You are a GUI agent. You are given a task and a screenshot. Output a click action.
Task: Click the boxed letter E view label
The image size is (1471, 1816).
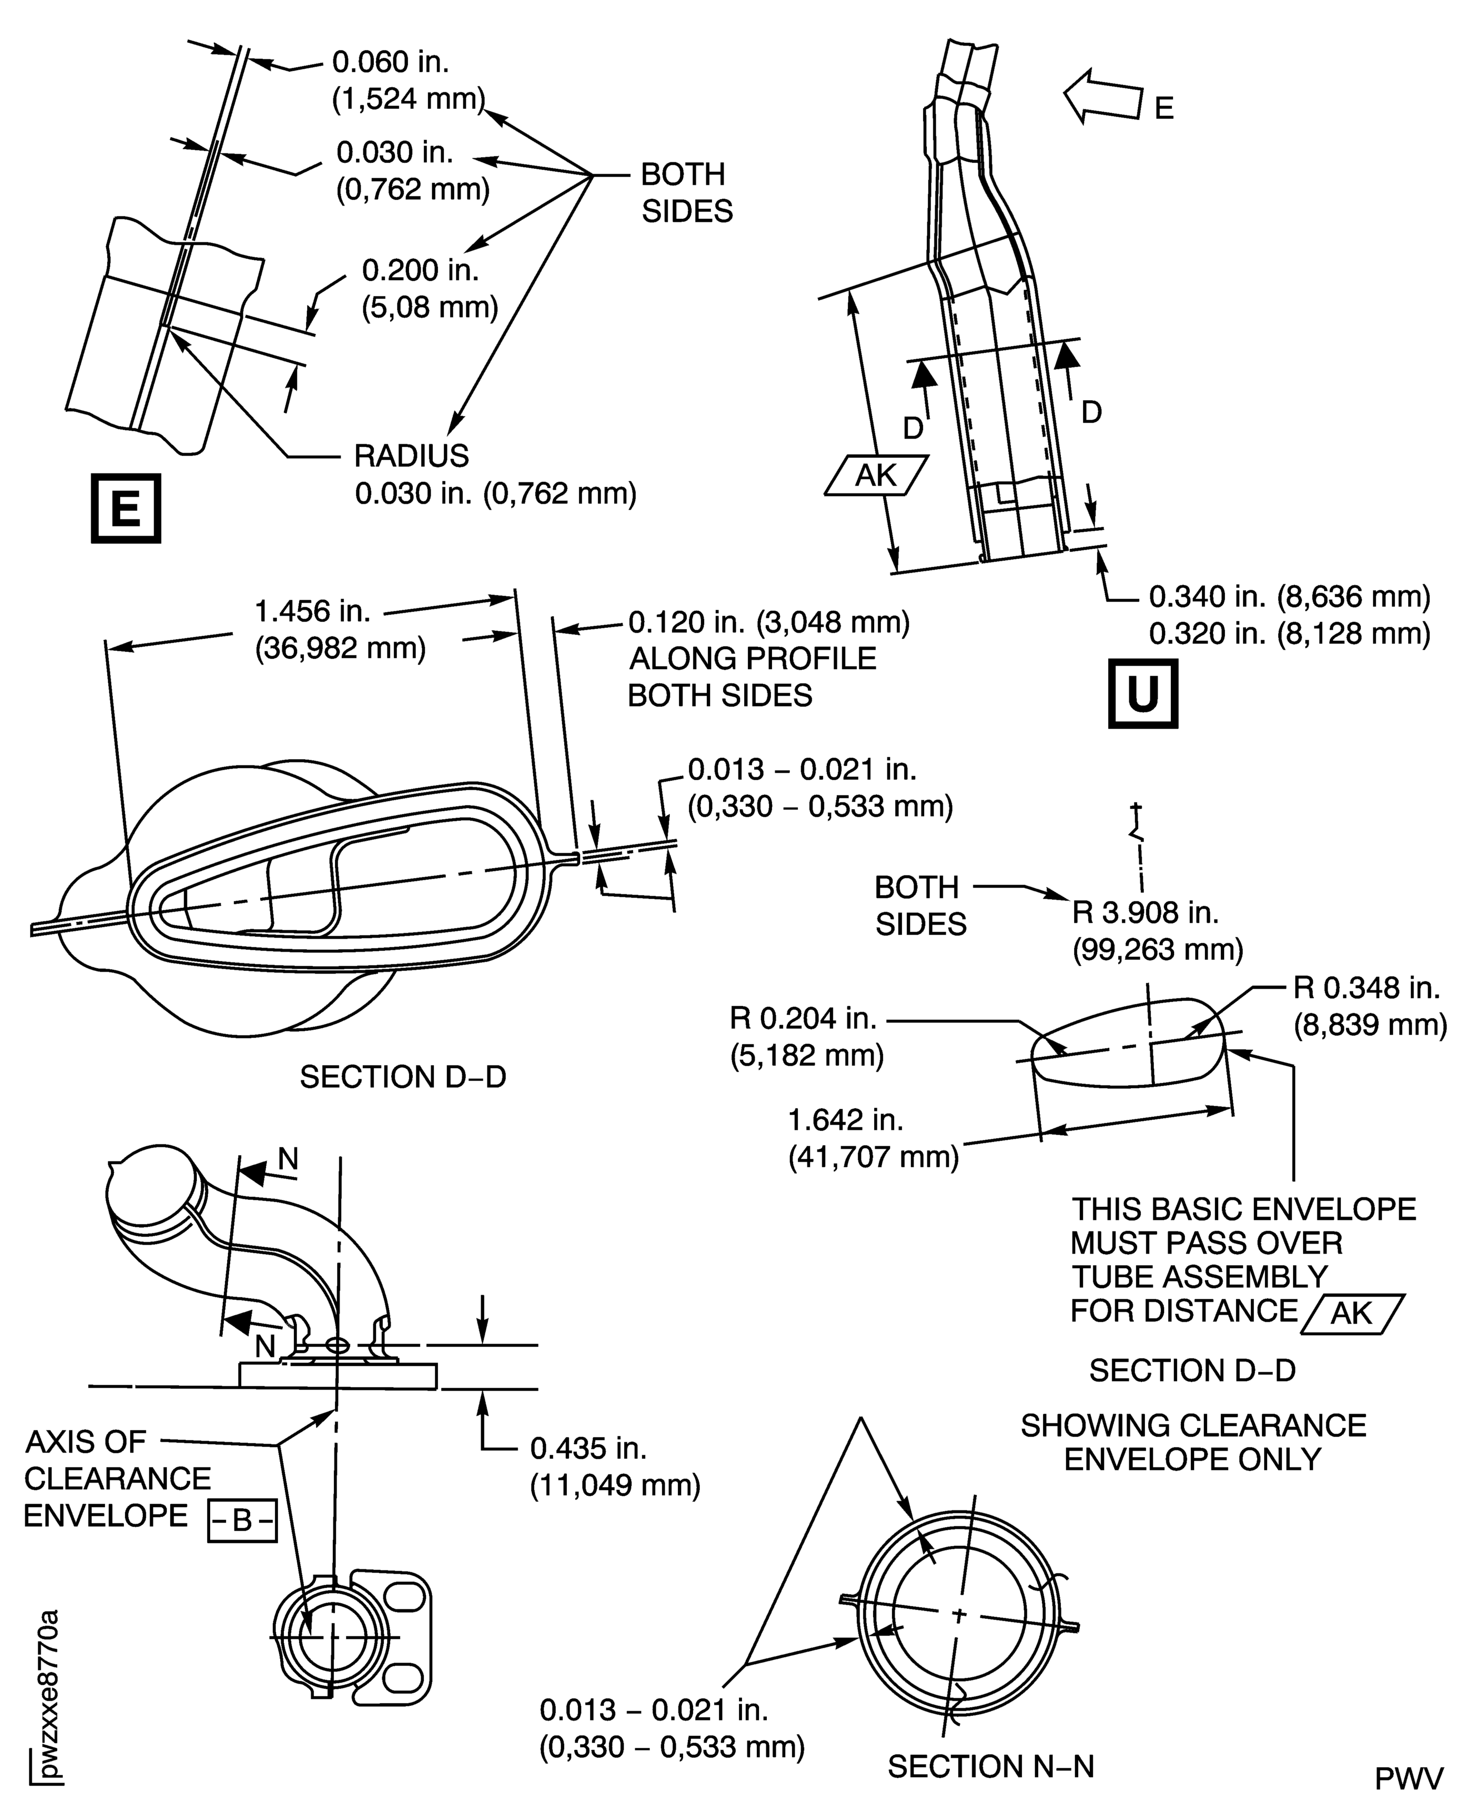click(126, 508)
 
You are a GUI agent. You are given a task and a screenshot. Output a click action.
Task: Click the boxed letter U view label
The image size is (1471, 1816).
click(1142, 694)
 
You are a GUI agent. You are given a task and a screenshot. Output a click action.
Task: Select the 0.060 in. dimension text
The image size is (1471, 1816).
click(391, 62)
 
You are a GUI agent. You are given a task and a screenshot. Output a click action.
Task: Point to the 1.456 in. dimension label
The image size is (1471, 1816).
click(313, 610)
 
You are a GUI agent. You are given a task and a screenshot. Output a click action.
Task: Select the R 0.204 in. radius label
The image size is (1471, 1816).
click(802, 1017)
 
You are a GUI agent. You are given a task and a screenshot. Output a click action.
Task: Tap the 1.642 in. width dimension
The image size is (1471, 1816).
click(846, 1120)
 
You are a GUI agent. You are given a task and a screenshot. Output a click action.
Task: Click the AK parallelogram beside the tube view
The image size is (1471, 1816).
click(876, 476)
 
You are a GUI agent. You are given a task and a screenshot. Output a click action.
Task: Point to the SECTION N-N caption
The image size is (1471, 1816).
click(990, 1767)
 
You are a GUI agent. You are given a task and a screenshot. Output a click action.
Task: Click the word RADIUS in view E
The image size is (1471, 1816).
click(411, 456)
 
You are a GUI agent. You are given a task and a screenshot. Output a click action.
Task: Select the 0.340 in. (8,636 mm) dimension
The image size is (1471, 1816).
click(1289, 597)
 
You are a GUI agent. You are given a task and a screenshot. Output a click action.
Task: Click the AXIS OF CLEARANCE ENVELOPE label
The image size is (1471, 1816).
click(117, 1478)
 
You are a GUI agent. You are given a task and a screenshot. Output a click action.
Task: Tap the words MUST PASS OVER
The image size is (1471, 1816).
click(1206, 1243)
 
